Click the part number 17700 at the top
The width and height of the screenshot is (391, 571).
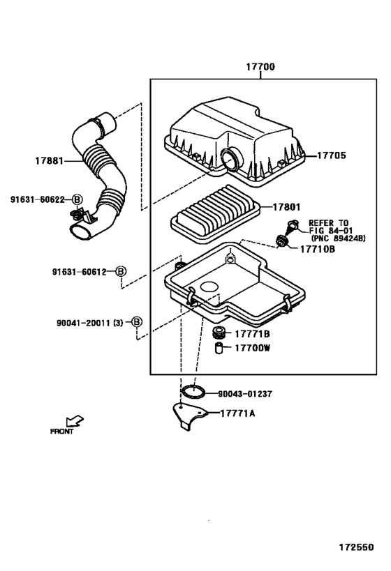pyautogui.click(x=260, y=67)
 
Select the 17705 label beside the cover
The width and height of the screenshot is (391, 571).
pyautogui.click(x=331, y=155)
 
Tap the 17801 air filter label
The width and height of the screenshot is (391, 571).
pyautogui.click(x=287, y=207)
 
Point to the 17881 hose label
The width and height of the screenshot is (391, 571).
pyautogui.click(x=50, y=160)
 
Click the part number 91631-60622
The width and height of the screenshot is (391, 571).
pyautogui.click(x=37, y=199)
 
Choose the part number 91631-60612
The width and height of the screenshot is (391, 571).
pyautogui.click(x=79, y=272)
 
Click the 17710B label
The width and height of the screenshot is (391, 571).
pyautogui.click(x=317, y=249)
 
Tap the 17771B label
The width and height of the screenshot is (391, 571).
pyautogui.click(x=252, y=334)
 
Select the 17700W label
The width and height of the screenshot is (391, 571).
pyautogui.click(x=252, y=348)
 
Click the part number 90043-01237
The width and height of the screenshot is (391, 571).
pyautogui.click(x=245, y=394)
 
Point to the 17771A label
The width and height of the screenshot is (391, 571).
pyautogui.click(x=238, y=413)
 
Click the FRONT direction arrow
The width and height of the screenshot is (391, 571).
pyautogui.click(x=75, y=421)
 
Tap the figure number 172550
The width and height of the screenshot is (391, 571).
pyautogui.click(x=356, y=547)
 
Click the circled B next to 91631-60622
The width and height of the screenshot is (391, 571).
pyautogui.click(x=77, y=199)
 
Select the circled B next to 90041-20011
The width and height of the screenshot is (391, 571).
pyautogui.click(x=136, y=322)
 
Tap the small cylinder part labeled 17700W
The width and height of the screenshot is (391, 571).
pyautogui.click(x=219, y=348)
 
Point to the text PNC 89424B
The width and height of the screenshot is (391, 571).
pyautogui.click(x=338, y=238)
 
